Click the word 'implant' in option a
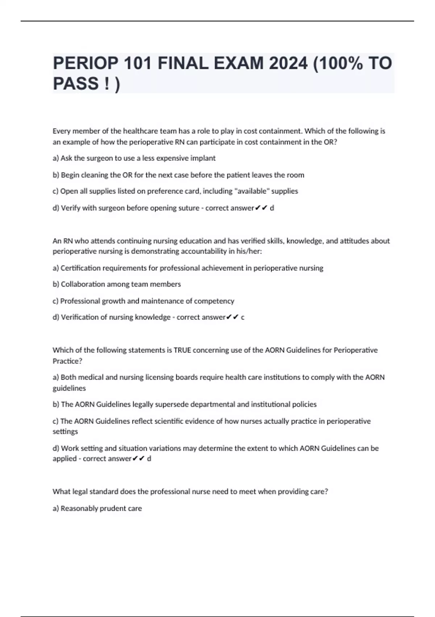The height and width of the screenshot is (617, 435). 203,158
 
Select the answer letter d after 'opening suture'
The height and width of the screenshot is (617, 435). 272,208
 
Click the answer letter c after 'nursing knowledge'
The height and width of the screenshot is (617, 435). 243,317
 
